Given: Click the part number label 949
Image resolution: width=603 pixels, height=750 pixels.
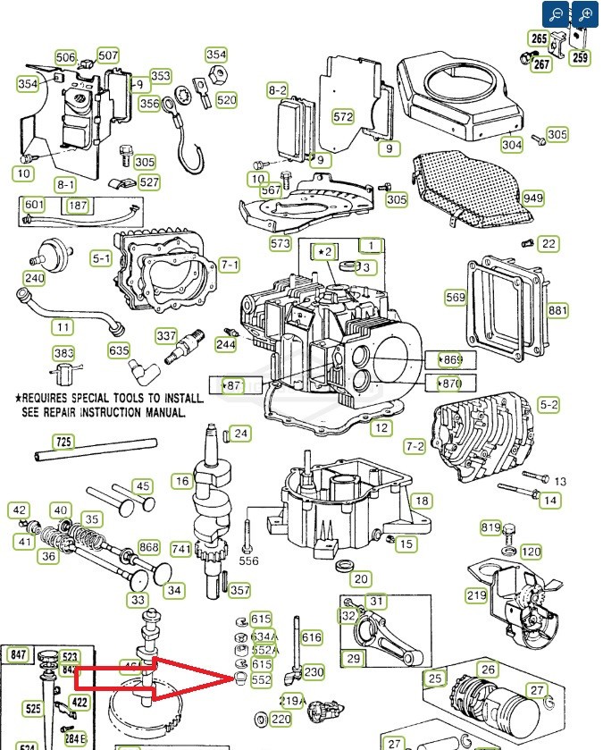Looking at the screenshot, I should (533, 198).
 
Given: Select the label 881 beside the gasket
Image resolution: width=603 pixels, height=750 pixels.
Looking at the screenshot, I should (557, 310).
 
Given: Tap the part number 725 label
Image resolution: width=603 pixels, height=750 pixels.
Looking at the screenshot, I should (63, 442).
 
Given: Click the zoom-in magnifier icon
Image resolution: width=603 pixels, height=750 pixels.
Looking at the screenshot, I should (585, 14).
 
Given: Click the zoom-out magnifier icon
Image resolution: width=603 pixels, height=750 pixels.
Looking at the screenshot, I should (556, 14).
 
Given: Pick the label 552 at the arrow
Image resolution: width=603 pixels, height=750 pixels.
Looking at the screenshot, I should (261, 680).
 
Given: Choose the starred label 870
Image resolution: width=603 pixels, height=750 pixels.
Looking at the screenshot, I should (450, 383).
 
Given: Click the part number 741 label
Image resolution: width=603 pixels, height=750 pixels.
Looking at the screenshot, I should (181, 549).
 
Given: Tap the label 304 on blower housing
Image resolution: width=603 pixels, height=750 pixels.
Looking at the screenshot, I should (512, 145).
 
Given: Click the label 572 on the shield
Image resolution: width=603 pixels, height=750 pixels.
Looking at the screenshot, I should (343, 116).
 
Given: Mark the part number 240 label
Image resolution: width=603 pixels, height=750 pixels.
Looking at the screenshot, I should (34, 278).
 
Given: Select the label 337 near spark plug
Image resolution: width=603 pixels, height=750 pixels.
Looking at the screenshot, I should (166, 336).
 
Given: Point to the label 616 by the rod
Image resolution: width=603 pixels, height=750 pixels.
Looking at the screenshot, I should (312, 637).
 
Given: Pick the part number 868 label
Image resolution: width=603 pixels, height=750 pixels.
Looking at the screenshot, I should (149, 547).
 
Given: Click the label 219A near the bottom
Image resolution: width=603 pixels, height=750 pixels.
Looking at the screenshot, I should (293, 701).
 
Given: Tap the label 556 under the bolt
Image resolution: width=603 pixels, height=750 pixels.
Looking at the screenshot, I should (248, 560).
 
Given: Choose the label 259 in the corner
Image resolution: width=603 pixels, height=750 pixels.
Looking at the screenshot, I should (581, 58).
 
